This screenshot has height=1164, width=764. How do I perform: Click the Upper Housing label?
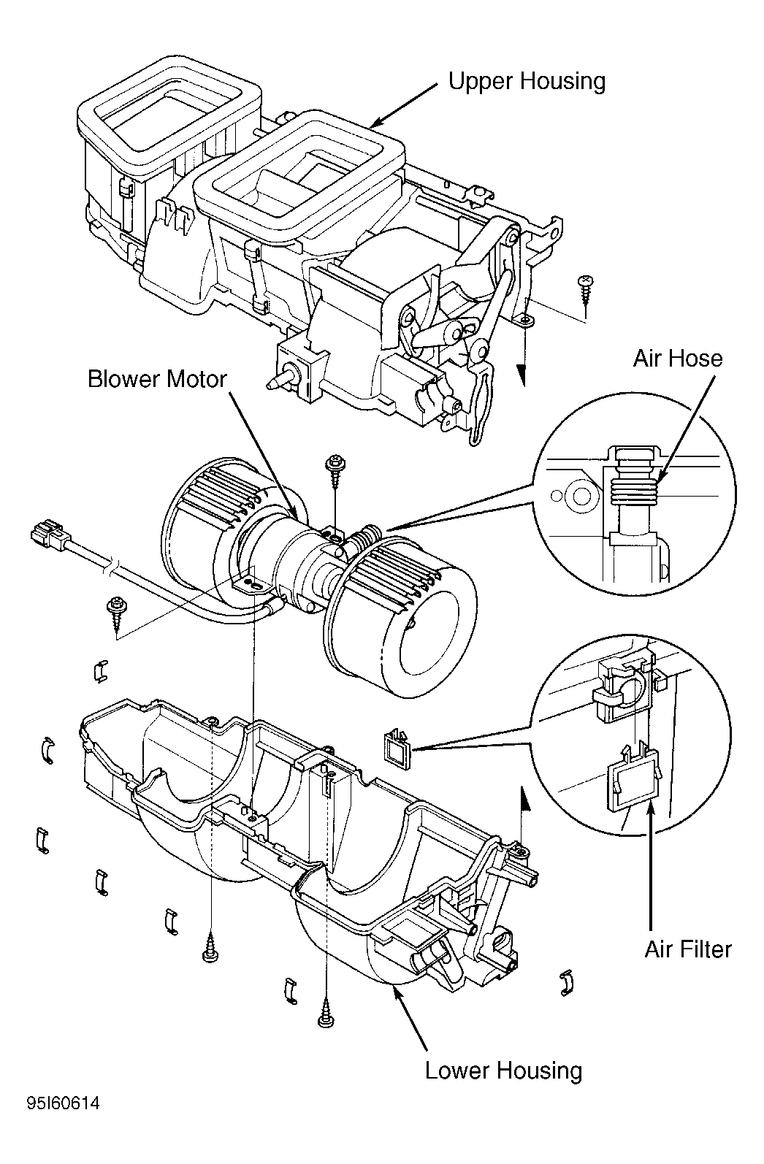pos(527,81)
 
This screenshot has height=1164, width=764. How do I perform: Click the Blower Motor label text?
pos(157,380)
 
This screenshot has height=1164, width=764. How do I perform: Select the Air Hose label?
pos(677,359)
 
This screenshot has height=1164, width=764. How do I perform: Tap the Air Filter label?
pos(687,949)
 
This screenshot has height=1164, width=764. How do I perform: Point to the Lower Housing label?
pos(503,1071)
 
